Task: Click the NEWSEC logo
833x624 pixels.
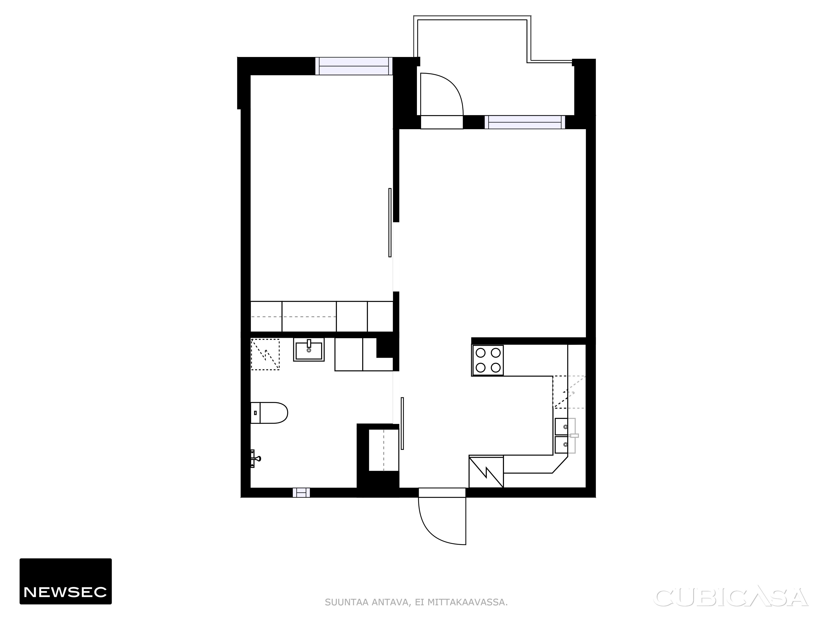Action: [66, 581]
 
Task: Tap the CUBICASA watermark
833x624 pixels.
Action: [732, 598]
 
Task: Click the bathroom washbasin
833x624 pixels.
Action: [309, 349]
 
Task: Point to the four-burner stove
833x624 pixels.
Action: [488, 360]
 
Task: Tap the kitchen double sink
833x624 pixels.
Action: [565, 436]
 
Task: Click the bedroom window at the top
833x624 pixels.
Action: [354, 66]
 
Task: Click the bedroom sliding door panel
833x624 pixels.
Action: [390, 223]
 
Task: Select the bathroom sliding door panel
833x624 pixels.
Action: [402, 423]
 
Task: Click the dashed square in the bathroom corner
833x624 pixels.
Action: [265, 354]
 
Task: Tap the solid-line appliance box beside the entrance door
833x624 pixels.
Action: [486, 472]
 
